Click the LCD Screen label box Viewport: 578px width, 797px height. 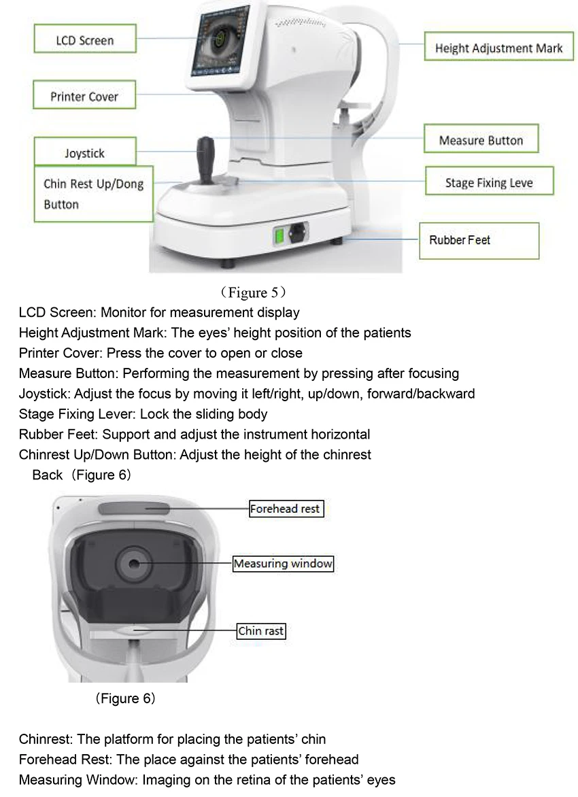(85, 40)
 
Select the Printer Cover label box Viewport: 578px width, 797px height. (84, 96)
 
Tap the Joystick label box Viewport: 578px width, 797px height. (85, 153)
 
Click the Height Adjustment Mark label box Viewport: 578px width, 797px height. (498, 48)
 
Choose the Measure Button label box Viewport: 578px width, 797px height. (481, 140)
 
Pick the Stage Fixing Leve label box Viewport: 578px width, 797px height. (489, 182)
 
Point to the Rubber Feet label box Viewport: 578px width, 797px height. (479, 240)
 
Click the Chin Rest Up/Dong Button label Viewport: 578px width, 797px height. (94, 194)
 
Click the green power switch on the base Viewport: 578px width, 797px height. (279, 235)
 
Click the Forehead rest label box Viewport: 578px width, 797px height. (285, 509)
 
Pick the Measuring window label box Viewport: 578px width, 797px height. (283, 564)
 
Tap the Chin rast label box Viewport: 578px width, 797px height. (261, 631)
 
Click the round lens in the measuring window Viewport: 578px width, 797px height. (133, 563)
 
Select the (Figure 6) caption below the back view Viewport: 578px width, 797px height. (125, 698)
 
